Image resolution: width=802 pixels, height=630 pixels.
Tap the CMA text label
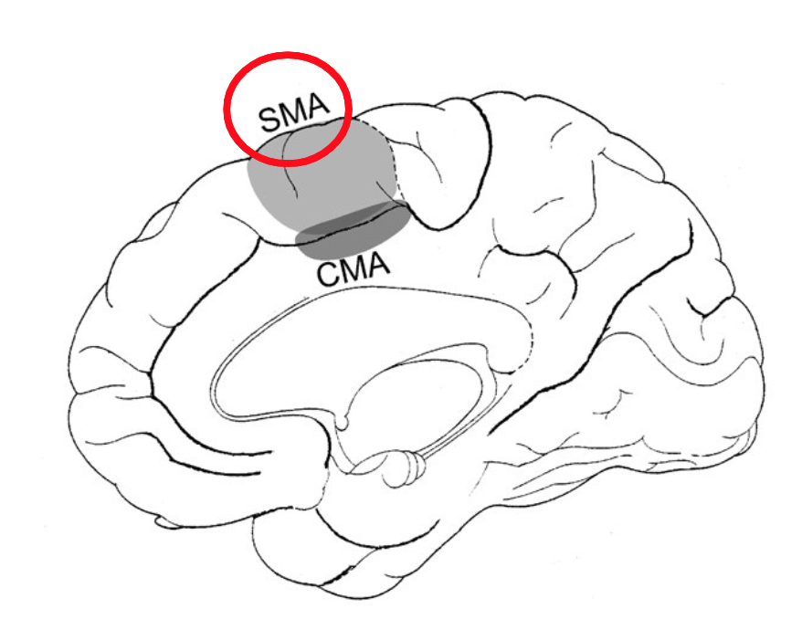click(354, 271)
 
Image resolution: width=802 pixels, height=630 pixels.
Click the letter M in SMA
click(292, 116)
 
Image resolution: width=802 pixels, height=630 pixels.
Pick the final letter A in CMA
click(378, 268)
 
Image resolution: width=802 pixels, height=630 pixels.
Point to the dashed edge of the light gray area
click(395, 164)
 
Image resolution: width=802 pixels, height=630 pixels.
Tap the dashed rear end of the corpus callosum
click(525, 356)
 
